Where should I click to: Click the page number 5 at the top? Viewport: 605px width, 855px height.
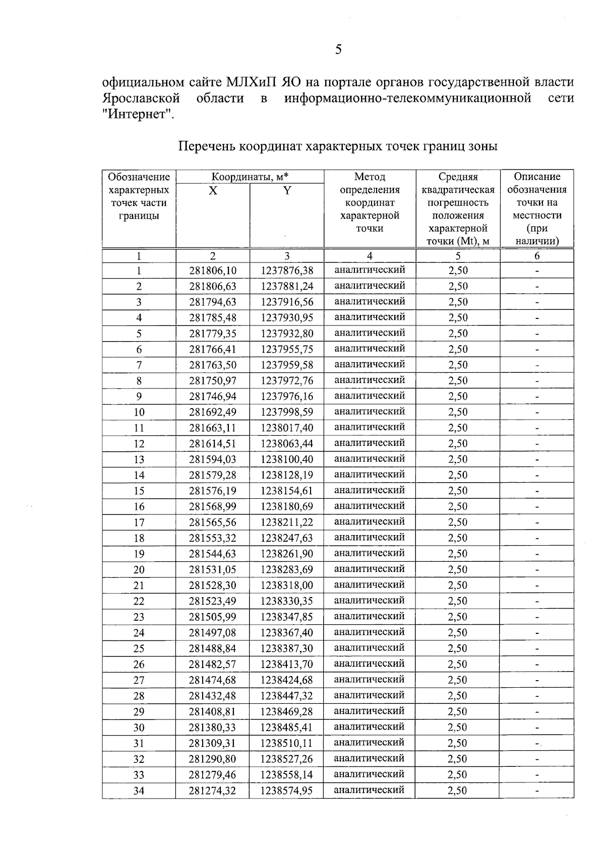point(338,49)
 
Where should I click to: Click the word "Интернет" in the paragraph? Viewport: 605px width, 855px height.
point(137,114)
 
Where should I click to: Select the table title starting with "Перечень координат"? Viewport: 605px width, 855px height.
point(338,147)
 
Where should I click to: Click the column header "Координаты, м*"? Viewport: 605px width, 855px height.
point(250,177)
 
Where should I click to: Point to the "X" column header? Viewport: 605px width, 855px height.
point(213,191)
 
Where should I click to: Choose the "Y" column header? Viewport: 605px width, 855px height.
point(286,191)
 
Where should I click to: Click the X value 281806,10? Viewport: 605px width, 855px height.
point(213,271)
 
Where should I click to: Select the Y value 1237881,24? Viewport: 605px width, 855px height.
point(286,286)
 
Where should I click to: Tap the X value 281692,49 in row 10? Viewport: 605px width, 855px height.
point(213,412)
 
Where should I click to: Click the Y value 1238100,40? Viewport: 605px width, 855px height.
point(286,459)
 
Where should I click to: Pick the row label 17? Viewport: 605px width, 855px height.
point(139,522)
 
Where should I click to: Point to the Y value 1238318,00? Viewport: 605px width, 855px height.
point(286,585)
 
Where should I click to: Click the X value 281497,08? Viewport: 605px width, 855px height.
point(213,633)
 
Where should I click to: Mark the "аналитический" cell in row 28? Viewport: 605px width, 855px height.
point(370,695)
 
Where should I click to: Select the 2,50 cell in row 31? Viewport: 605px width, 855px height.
point(458,743)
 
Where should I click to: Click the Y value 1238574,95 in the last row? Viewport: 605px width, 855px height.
point(286,791)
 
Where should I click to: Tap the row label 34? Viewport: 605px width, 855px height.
point(139,791)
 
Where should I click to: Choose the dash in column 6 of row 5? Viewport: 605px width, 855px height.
point(537,334)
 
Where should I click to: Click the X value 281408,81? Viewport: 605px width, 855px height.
point(213,711)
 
